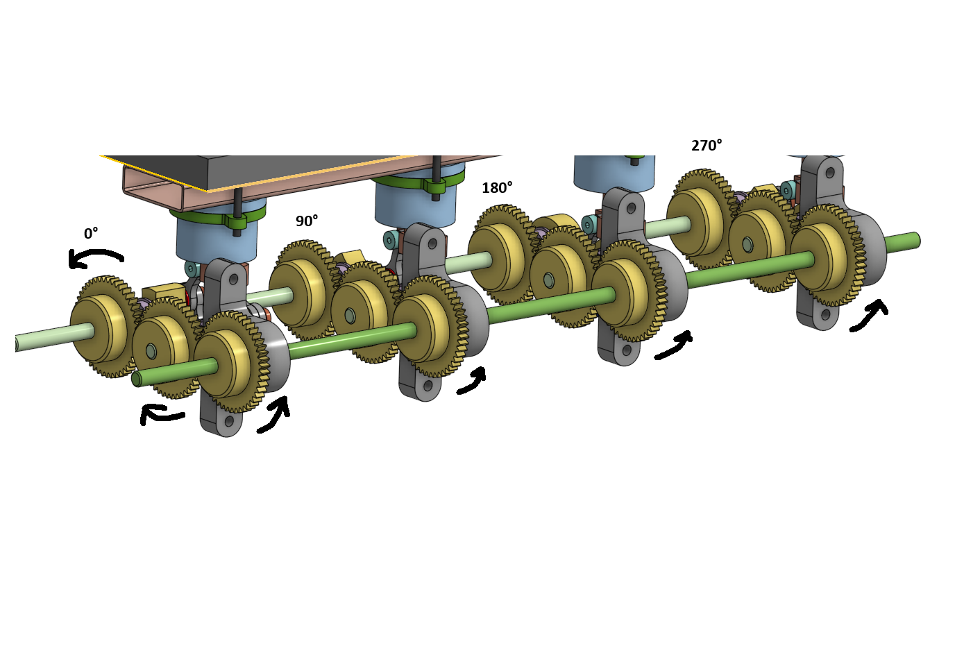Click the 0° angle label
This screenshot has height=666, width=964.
pyautogui.click(x=91, y=234)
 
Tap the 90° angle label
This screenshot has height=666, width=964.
pyautogui.click(x=307, y=221)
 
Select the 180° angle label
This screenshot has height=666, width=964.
pyautogui.click(x=497, y=188)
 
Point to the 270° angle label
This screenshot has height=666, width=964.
pyautogui.click(x=707, y=146)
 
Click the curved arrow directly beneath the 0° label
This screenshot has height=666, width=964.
pyautogui.click(x=95, y=258)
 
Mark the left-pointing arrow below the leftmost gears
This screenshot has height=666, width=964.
pyautogui.click(x=162, y=415)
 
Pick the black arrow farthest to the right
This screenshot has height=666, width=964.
pyautogui.click(x=869, y=315)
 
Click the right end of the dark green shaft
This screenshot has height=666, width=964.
pyautogui.click(x=915, y=241)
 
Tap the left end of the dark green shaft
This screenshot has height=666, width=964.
pyautogui.click(x=137, y=379)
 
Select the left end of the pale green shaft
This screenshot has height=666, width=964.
pyautogui.click(x=17, y=343)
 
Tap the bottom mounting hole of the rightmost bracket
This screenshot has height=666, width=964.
pyautogui.click(x=825, y=314)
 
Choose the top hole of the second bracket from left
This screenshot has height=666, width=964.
pyautogui.click(x=432, y=244)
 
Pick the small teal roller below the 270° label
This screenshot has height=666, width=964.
pyautogui.click(x=787, y=189)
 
